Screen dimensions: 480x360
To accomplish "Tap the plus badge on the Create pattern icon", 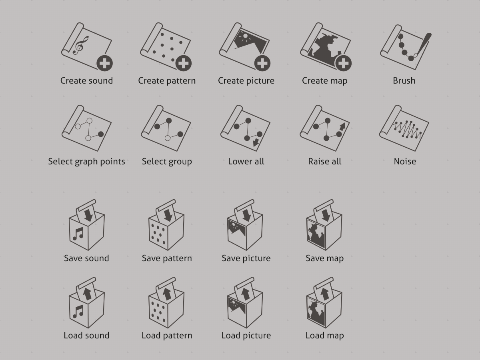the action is tap(184, 63).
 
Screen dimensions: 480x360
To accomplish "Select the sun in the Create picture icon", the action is tap(245, 36).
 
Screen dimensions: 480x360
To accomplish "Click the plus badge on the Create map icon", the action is tap(343, 63).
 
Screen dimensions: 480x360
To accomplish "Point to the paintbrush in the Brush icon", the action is tap(422, 45).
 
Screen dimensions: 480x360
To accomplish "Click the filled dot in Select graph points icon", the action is tap(101, 134).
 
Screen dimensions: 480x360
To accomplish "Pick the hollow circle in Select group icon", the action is tap(168, 138).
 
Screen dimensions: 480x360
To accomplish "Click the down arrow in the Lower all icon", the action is tap(256, 142).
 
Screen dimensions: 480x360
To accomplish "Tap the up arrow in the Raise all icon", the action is tap(342, 127).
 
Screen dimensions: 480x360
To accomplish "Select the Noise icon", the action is tap(404, 128).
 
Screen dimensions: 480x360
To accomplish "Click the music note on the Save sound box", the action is tap(78, 234).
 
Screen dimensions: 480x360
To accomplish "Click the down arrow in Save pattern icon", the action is tap(168, 215).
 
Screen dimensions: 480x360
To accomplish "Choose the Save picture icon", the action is tap(245, 225).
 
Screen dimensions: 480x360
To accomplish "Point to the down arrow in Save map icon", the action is tap(326, 215).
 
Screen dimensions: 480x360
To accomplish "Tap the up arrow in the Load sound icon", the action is tap(88, 294).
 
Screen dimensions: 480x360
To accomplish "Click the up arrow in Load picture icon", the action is tap(246, 294).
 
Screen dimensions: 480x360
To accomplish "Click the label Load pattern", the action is tap(167, 336).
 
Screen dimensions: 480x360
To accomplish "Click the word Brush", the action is tap(404, 81).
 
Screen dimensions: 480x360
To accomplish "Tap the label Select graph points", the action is tap(86, 162).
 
